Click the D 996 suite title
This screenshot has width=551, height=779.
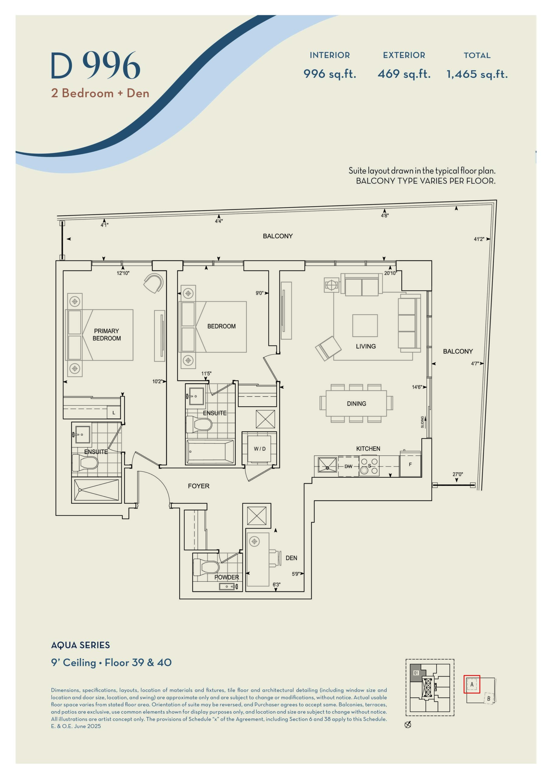click(x=95, y=66)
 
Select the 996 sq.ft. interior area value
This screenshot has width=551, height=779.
click(x=330, y=74)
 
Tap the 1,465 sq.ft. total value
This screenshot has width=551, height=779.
click(x=477, y=74)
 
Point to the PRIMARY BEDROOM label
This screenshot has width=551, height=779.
click(x=106, y=334)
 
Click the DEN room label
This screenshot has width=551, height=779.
click(x=291, y=558)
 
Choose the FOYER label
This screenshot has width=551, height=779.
click(x=198, y=486)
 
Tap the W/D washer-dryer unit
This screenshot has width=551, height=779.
click(x=260, y=449)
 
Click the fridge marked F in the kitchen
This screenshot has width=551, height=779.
click(x=410, y=464)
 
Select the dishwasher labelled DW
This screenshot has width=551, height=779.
click(x=348, y=466)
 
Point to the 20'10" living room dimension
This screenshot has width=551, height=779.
click(x=390, y=273)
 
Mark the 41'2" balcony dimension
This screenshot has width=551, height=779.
click(x=479, y=239)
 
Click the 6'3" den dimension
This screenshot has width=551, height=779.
click(x=277, y=585)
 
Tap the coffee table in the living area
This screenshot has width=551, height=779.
click(x=365, y=325)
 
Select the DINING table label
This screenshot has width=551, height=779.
click(x=356, y=404)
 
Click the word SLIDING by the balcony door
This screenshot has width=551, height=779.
click(x=422, y=422)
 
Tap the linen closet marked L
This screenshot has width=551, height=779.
click(x=114, y=413)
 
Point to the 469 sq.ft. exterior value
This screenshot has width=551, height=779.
click(x=404, y=74)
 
